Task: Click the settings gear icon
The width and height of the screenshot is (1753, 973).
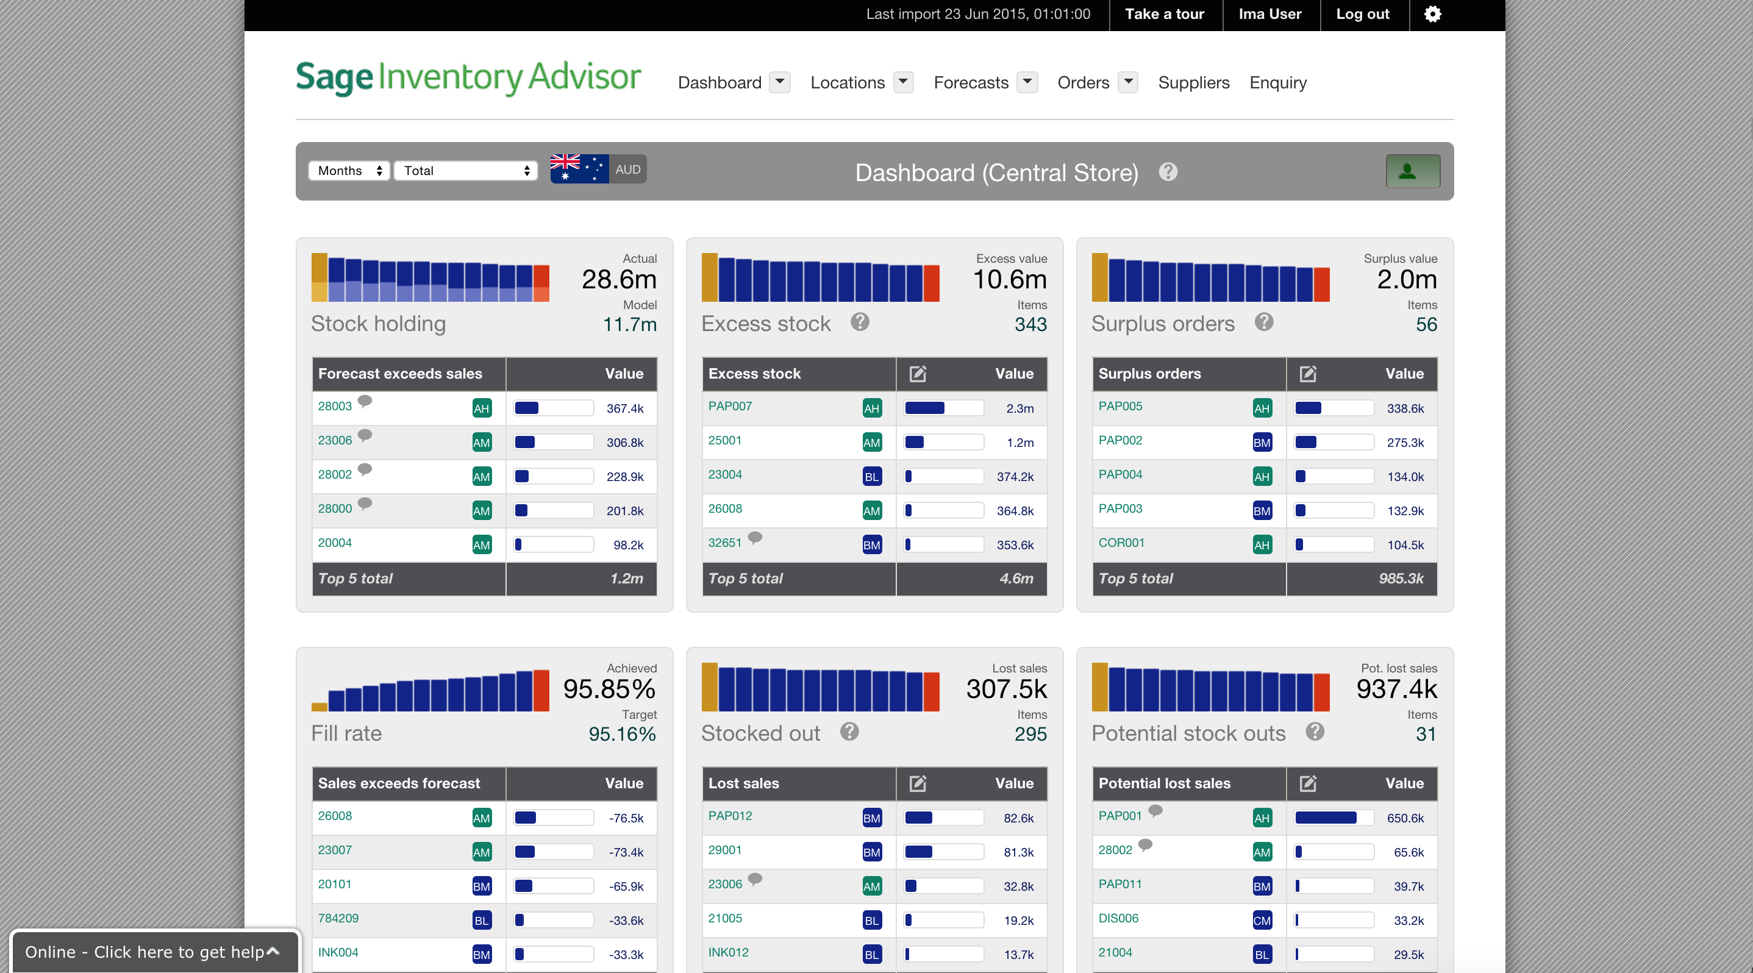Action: point(1432,14)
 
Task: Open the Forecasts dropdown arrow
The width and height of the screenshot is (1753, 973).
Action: point(1027,82)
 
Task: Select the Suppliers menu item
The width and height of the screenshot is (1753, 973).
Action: point(1194,83)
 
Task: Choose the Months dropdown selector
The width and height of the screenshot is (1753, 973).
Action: point(350,171)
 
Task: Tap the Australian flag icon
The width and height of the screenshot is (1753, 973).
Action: point(579,169)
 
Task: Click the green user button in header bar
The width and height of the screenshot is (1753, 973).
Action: point(1413,171)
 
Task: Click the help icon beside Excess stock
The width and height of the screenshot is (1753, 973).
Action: point(860,323)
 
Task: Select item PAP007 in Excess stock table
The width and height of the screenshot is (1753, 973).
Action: point(729,406)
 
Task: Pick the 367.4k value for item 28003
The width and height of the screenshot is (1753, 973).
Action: point(625,409)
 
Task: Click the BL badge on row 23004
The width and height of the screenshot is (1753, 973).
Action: point(872,477)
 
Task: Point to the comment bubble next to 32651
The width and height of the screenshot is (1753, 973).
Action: point(755,538)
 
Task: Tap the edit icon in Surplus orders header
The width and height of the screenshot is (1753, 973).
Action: point(1308,374)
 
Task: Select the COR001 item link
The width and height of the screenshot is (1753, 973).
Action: point(1121,543)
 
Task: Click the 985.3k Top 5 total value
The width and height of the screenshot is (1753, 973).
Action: point(1401,579)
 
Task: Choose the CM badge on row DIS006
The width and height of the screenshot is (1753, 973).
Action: point(1262,921)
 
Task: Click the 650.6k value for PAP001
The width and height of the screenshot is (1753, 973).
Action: point(1405,819)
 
